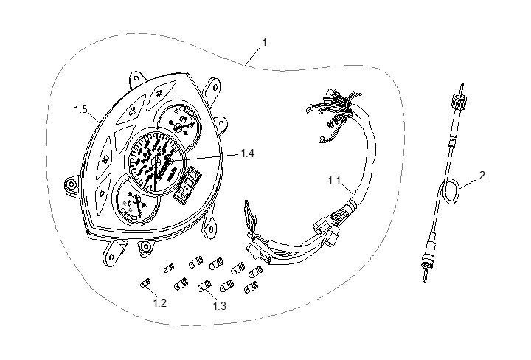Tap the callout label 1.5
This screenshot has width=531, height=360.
pos(80,110)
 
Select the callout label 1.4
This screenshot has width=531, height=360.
pos(249,154)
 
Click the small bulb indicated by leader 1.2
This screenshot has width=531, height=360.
pos(145,280)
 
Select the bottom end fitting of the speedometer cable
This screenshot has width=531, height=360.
pos(426,259)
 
